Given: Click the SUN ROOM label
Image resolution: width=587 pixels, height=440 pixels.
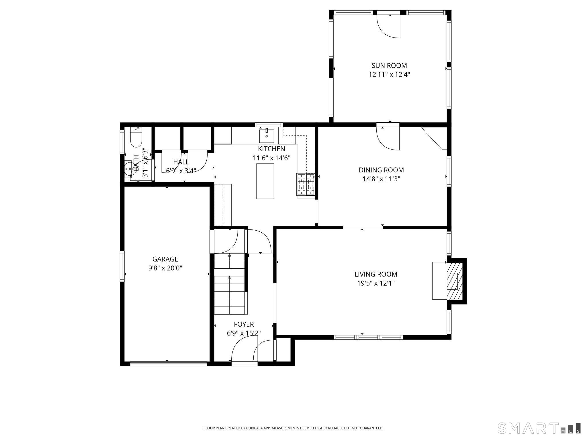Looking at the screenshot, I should point(389,65).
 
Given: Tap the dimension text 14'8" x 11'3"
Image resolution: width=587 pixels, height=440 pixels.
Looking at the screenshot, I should point(381,179).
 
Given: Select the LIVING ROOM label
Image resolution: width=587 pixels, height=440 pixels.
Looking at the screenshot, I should point(375,274).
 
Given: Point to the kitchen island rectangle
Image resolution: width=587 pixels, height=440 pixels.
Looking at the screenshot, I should point(265,181).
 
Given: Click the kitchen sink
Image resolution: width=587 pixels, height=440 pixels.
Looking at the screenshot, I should point(266,136).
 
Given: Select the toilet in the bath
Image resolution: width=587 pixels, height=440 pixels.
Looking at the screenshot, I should point(136,138).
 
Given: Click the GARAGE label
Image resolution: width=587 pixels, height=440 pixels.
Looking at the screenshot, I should point(165,259).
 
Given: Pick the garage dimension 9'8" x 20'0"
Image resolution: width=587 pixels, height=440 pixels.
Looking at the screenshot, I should point(165,268).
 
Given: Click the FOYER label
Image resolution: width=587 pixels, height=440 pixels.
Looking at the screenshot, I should point(244,324).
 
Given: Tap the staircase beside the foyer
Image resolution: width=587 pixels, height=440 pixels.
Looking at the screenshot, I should point(230,284).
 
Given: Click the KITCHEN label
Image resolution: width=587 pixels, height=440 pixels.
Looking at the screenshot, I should point(271,149).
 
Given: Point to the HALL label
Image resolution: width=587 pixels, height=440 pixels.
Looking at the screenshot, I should point(181,162).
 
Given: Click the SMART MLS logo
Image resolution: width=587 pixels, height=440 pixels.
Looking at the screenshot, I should point(539,428).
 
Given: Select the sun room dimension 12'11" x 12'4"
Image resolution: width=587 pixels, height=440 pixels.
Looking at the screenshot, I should point(389,74).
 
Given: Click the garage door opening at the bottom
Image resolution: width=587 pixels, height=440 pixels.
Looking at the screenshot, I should point(169,364).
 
